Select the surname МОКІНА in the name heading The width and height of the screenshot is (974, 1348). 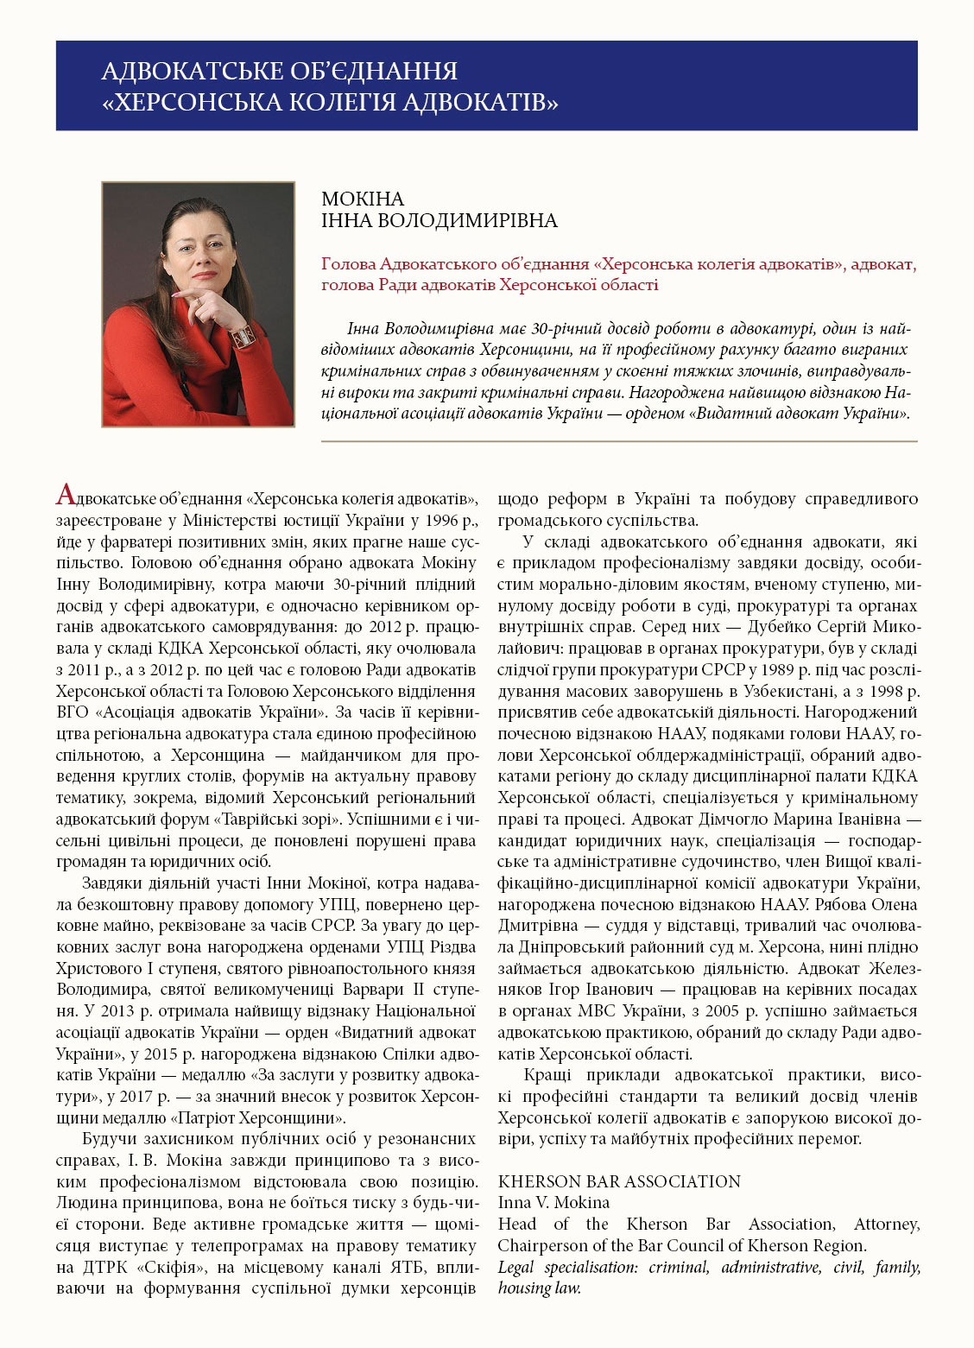(x=363, y=199)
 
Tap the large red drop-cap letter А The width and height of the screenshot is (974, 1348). (x=66, y=496)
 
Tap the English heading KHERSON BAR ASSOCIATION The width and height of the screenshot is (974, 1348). (x=619, y=1181)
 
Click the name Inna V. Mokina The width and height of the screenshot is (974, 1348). (x=553, y=1202)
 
